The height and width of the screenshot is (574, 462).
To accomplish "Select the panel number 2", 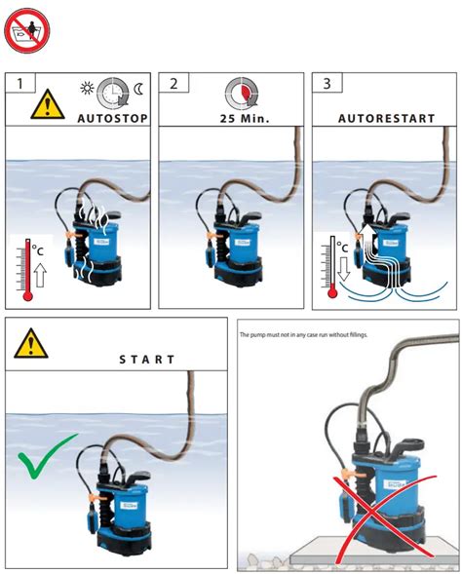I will (x=173, y=84).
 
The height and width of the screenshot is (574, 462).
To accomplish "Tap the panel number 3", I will (x=326, y=84).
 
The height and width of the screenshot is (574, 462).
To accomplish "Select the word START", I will (x=147, y=360).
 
